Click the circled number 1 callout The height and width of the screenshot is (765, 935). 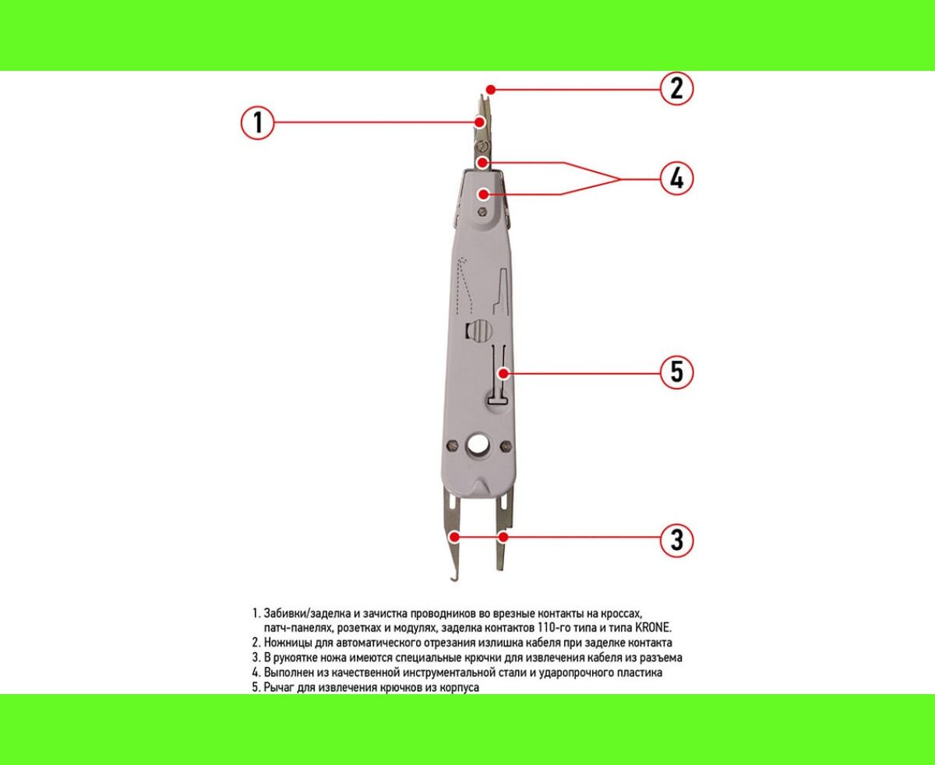(x=258, y=122)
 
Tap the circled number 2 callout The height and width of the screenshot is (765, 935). (x=676, y=88)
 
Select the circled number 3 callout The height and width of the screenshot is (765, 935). (x=676, y=541)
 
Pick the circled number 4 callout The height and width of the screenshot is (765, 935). (x=676, y=178)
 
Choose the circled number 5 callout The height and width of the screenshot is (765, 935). (x=676, y=372)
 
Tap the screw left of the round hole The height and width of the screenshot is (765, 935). (x=452, y=445)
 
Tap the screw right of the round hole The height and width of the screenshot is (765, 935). (x=506, y=446)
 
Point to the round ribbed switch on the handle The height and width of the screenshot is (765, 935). (x=480, y=330)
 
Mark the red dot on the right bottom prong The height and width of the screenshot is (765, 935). (x=503, y=538)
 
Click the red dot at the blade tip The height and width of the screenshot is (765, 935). (x=490, y=90)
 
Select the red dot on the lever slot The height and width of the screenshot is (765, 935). (x=503, y=373)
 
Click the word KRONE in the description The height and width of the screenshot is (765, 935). (x=653, y=629)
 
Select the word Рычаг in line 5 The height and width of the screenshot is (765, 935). (x=279, y=688)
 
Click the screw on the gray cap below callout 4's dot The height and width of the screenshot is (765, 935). (x=483, y=213)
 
